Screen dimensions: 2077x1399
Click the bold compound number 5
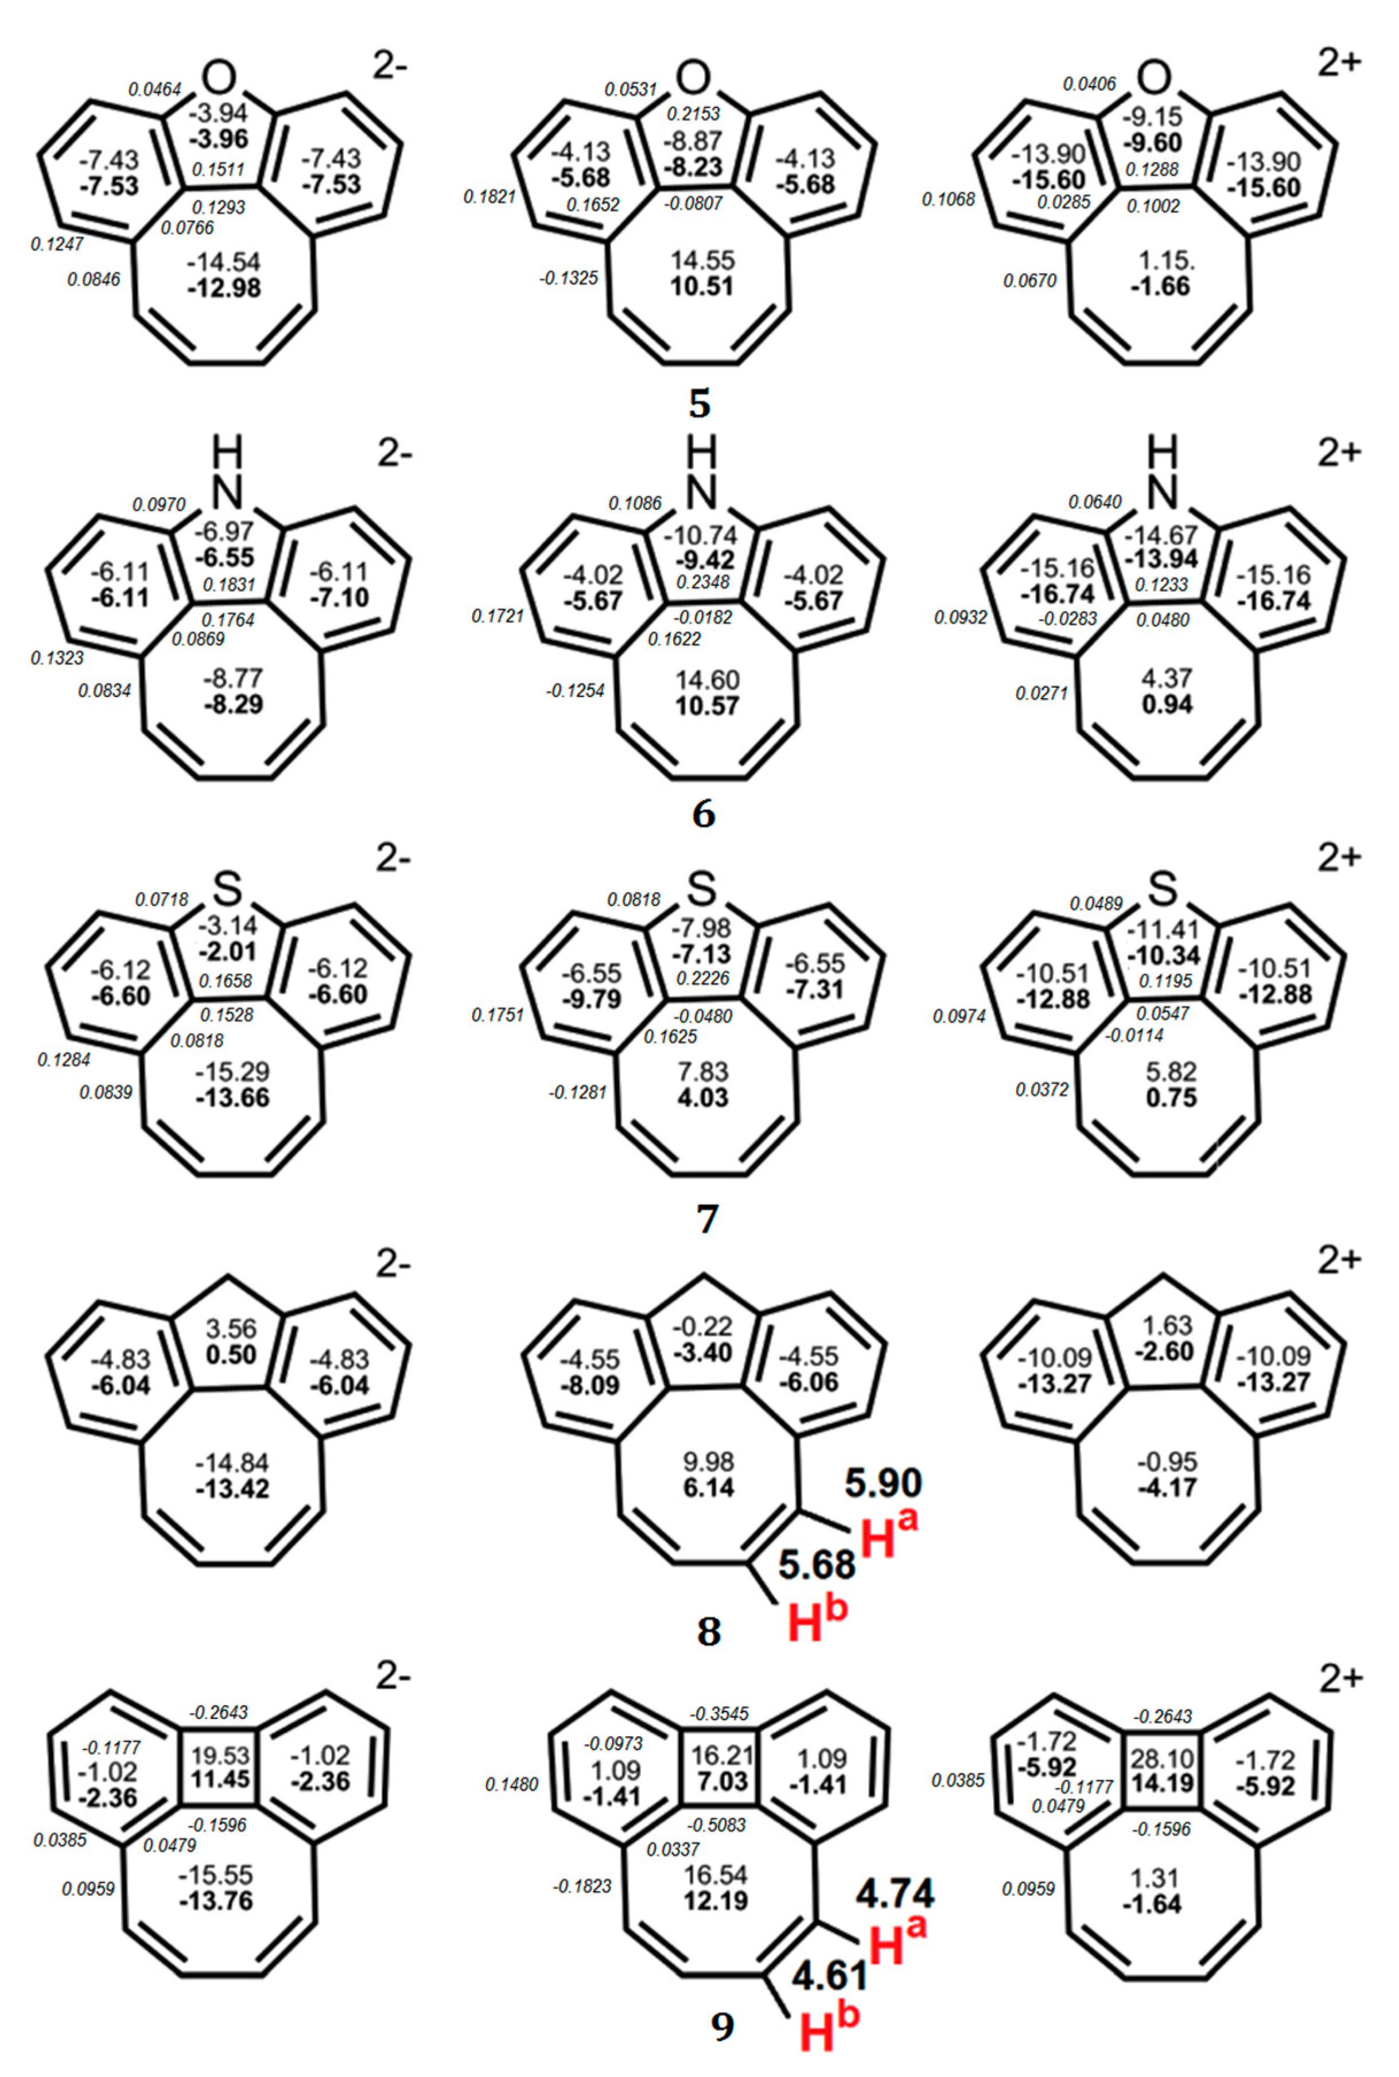click(701, 403)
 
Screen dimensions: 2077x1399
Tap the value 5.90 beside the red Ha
click(883, 1482)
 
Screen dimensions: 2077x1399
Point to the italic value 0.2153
click(694, 114)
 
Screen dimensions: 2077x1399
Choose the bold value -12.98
click(224, 288)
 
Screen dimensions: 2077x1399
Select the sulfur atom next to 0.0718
click(228, 888)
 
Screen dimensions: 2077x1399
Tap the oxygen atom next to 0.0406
click(1155, 77)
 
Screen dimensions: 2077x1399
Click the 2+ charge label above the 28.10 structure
click(1339, 1678)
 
